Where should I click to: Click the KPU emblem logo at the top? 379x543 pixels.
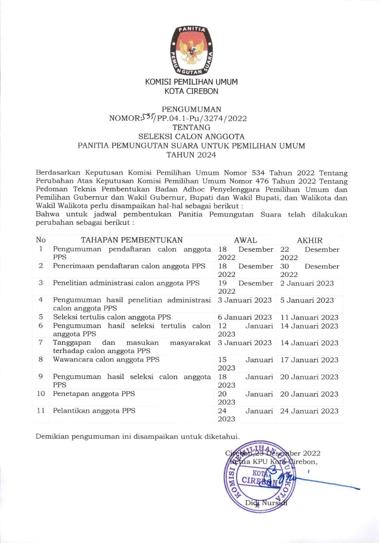[192, 51]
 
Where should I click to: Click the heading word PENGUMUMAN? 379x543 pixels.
[192, 109]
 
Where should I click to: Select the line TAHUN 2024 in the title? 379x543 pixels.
[191, 155]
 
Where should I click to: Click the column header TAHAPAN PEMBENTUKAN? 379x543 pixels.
[132, 240]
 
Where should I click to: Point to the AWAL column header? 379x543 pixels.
[246, 240]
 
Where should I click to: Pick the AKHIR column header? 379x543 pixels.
[310, 240]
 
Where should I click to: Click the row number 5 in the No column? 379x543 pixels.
[41, 317]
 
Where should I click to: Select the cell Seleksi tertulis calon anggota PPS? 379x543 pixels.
[112, 317]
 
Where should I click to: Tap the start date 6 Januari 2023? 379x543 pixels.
[245, 317]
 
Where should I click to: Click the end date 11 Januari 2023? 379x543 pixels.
[309, 317]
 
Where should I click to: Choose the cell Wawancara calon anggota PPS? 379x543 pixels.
[106, 360]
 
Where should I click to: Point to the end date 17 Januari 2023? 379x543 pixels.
[309, 360]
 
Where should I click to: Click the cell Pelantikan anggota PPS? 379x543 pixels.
[94, 411]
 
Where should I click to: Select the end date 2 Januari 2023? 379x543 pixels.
[307, 283]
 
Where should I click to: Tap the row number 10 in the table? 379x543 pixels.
[41, 394]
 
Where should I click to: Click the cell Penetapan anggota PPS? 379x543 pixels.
[94, 394]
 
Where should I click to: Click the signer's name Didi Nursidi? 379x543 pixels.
[266, 503]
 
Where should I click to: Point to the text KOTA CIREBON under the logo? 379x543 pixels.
[191, 91]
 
